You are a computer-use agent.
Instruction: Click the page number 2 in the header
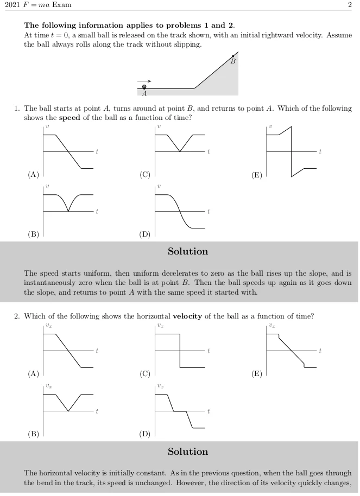tap(350, 5)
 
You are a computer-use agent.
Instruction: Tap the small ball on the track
tap(144, 87)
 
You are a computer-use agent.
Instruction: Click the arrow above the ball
tap(144, 81)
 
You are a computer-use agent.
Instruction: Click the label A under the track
tap(144, 93)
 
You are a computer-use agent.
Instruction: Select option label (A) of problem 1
tap(34, 175)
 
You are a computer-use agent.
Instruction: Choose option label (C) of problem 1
tap(145, 175)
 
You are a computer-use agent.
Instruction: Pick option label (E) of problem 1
tap(257, 175)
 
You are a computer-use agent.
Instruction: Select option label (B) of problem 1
tap(34, 234)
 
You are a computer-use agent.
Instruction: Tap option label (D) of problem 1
tap(145, 234)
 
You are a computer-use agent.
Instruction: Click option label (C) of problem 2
tap(145, 373)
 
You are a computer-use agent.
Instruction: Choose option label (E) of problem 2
tap(257, 373)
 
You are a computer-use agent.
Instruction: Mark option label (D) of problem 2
tap(145, 434)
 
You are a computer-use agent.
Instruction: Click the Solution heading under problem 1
tap(188, 251)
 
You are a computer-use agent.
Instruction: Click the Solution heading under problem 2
tap(188, 452)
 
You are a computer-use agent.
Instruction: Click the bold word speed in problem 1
tap(70, 118)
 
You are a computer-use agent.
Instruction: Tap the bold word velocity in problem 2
tap(187, 316)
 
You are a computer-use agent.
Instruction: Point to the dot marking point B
tap(233, 56)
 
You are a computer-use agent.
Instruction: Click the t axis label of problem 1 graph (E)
tap(320, 151)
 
